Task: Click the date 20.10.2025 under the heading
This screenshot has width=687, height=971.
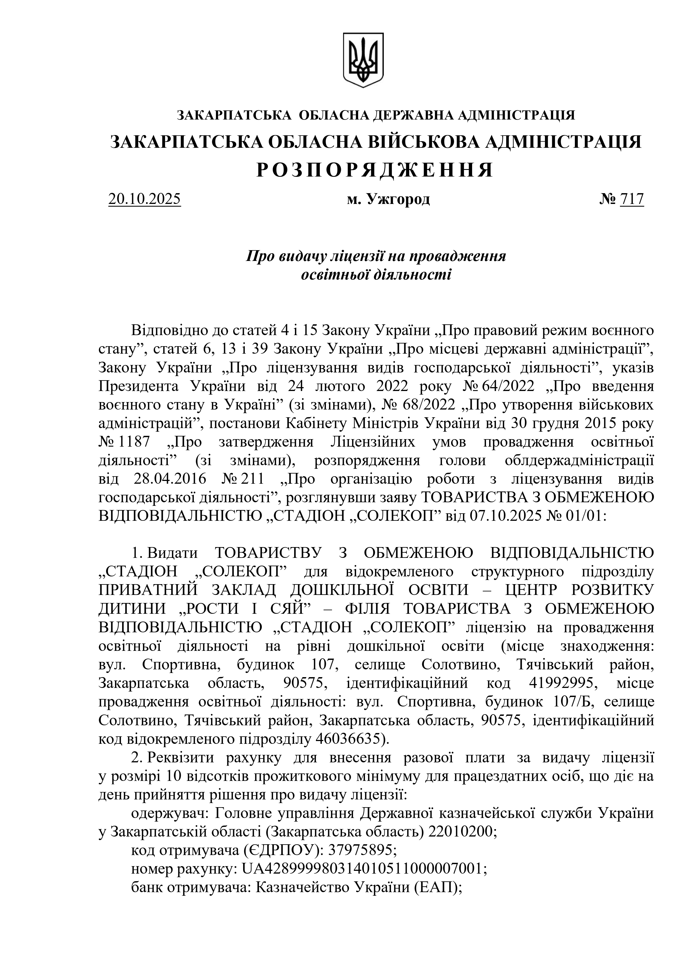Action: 145,199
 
